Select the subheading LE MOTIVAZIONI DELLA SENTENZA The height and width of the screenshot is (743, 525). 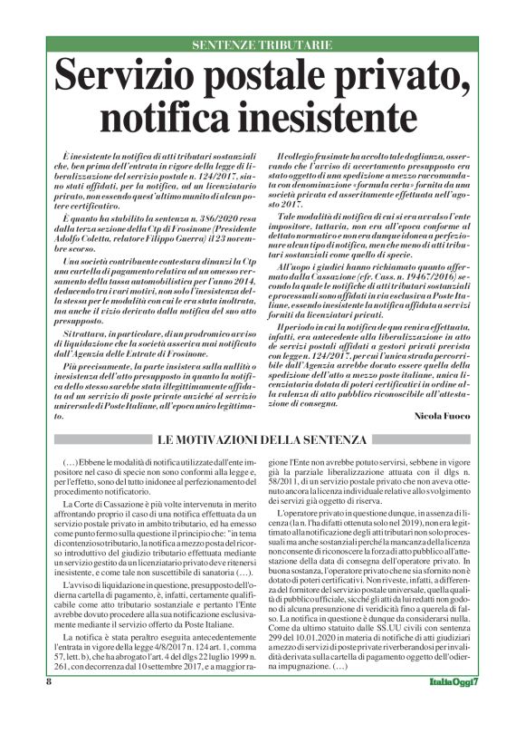click(x=262, y=440)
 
